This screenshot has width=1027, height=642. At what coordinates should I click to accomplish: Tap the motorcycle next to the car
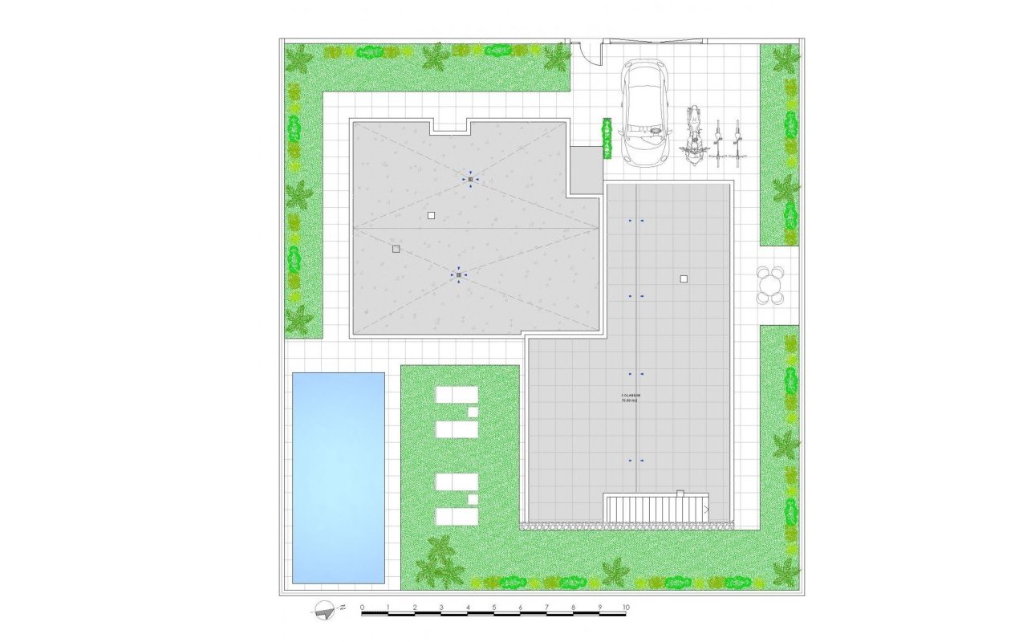point(693,136)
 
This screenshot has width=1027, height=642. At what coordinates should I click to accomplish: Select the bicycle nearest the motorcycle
point(718,143)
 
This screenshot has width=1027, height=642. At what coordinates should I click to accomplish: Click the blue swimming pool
point(338,477)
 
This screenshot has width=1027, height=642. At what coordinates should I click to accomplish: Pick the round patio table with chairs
point(770,286)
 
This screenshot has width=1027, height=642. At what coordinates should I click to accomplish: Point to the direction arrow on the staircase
point(705,509)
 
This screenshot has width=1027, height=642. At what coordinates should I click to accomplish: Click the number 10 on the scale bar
point(626,607)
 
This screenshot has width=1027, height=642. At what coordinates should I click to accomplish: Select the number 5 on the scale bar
point(493,607)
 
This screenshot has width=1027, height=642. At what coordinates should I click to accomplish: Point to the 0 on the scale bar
point(363,607)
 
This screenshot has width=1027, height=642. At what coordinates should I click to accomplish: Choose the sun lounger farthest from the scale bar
point(457,395)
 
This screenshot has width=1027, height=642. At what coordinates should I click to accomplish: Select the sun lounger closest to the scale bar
point(457,516)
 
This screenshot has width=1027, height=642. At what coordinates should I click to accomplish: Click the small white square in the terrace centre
point(684,279)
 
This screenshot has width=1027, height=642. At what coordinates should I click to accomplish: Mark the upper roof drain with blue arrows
point(471,179)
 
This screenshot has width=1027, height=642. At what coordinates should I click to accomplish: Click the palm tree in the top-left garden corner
point(298,58)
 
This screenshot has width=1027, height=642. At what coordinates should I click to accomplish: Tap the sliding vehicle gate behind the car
point(658,40)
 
